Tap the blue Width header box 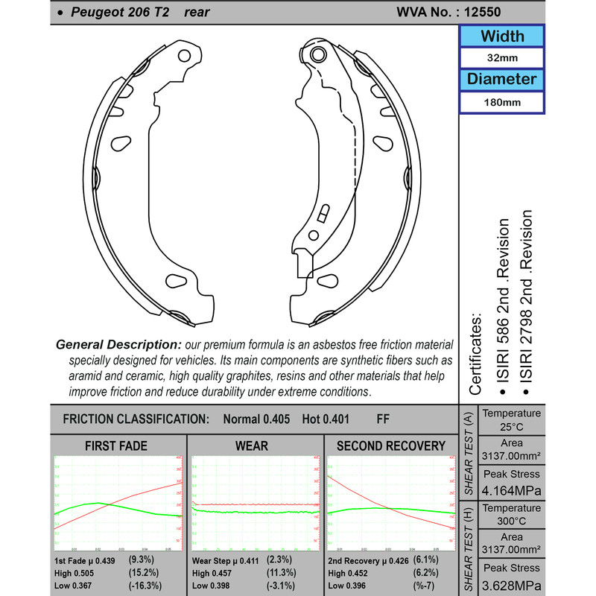[x=501, y=36]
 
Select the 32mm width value [x=501, y=58]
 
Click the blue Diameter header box [x=501, y=79]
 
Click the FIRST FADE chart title [x=117, y=446]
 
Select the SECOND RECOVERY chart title [x=391, y=446]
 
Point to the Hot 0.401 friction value [x=326, y=419]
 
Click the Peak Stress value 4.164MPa [x=511, y=490]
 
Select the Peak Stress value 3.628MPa [x=511, y=584]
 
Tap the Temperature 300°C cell [x=511, y=514]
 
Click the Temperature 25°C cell [x=511, y=420]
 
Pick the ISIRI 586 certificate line [x=504, y=305]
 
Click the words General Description [x=118, y=345]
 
